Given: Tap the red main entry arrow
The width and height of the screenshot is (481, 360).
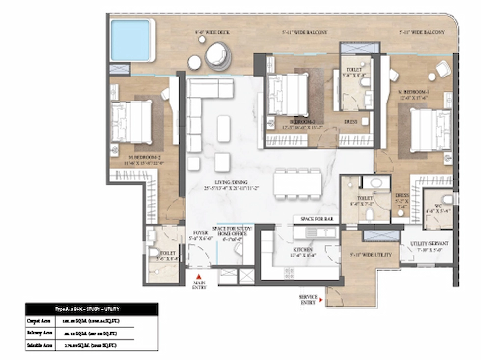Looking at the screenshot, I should pos(199,277).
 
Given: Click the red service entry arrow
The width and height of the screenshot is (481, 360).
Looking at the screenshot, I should pos(321,300).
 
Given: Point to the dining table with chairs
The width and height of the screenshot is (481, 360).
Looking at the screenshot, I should pos(298,184).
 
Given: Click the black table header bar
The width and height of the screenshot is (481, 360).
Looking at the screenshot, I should pos(91,309).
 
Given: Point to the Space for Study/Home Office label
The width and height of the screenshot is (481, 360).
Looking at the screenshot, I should pos(232,231).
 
